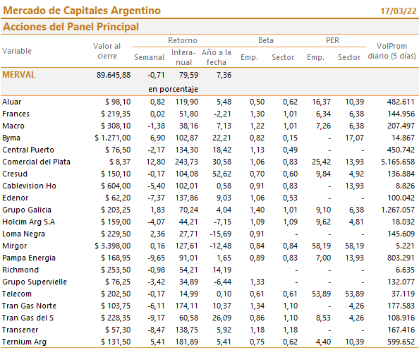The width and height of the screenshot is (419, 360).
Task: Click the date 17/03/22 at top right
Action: (x=399, y=11)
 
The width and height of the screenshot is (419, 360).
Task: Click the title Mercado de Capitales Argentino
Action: (x=82, y=11)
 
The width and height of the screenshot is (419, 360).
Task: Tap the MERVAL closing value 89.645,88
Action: (x=114, y=75)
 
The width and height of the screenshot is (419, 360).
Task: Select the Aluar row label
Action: (x=12, y=102)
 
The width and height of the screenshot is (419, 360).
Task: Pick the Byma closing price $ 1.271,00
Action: (x=113, y=138)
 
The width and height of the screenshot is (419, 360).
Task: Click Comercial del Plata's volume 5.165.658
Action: (x=398, y=162)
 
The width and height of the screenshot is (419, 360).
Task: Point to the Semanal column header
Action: (x=149, y=57)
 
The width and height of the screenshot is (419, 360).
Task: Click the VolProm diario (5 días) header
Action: (x=391, y=51)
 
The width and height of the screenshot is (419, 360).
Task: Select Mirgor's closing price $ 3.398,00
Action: (x=113, y=246)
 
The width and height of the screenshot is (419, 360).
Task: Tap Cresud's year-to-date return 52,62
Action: (x=221, y=174)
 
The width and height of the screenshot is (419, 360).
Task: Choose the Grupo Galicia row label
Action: (x=27, y=210)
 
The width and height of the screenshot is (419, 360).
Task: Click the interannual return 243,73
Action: (x=187, y=162)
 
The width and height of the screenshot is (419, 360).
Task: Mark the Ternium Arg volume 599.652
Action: (x=401, y=342)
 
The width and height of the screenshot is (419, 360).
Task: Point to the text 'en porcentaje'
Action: (x=173, y=89)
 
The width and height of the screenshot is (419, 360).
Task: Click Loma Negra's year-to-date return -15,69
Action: (x=221, y=234)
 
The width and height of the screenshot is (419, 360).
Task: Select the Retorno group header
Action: (x=183, y=40)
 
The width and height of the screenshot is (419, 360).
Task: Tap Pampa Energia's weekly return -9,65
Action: (x=157, y=258)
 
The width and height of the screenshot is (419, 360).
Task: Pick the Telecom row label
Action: (x=17, y=294)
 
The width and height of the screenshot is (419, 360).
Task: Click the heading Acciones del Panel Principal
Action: (x=71, y=27)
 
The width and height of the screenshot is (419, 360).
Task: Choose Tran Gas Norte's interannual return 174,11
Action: (x=187, y=306)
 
